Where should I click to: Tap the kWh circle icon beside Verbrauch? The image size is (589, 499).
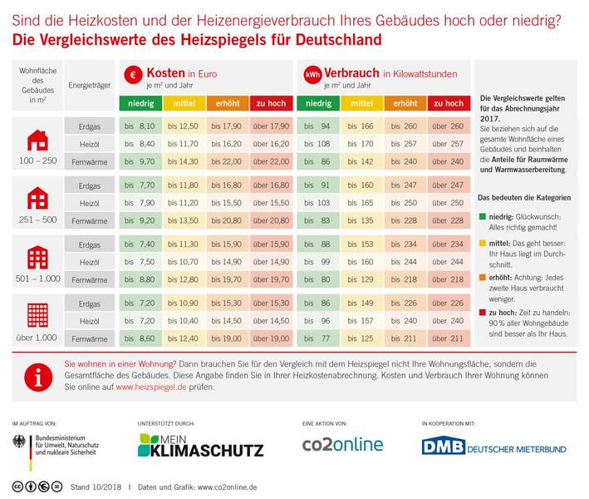(x=312, y=75)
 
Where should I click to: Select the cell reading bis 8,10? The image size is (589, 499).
(x=140, y=126)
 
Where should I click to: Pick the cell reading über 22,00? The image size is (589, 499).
(x=270, y=161)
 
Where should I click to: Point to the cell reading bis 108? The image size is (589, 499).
(x=317, y=143)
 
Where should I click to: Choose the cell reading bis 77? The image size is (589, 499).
(x=317, y=338)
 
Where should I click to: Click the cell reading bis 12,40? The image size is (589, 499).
(x=183, y=338)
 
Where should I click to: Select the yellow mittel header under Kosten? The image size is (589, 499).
(x=183, y=103)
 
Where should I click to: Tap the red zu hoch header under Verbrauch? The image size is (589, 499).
(x=449, y=103)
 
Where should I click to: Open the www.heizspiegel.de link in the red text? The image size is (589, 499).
(x=148, y=388)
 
